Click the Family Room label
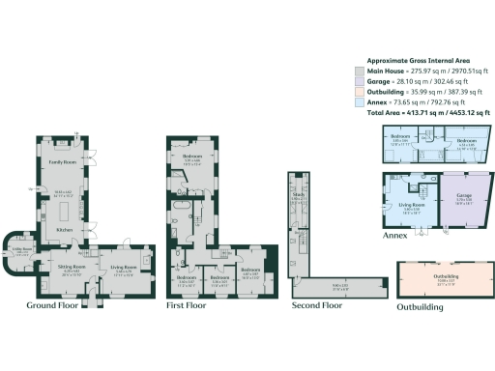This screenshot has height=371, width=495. coord(64,162)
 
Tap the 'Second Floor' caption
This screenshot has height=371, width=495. coord(317,304)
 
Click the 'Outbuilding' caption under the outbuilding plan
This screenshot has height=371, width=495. coord(421,307)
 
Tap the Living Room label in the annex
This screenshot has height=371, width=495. coord(412,206)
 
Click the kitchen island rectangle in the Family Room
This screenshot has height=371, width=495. coord(64,195)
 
